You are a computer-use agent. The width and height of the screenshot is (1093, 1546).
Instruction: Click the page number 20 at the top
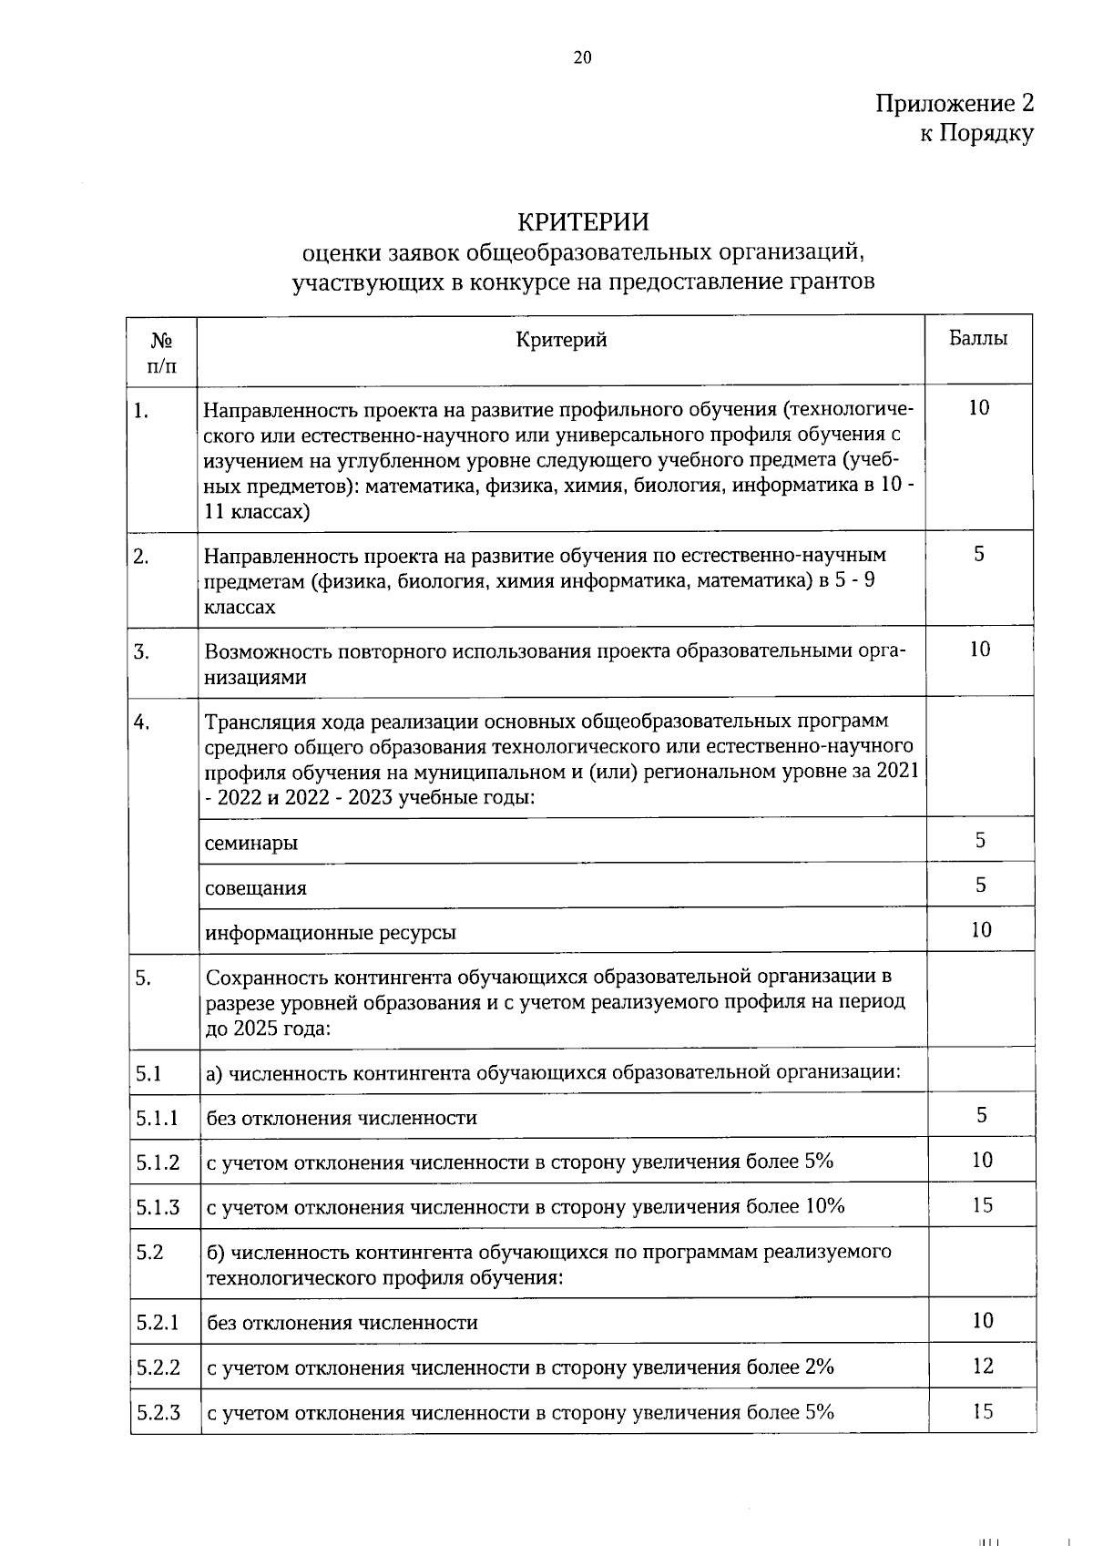pyautogui.click(x=583, y=58)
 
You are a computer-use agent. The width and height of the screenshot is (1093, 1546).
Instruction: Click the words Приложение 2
pyautogui.click(x=955, y=103)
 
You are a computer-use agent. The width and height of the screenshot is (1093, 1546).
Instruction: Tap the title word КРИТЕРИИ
pyautogui.click(x=583, y=222)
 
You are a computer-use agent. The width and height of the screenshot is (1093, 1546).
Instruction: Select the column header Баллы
pyautogui.click(x=978, y=339)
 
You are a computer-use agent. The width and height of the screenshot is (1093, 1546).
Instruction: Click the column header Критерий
pyautogui.click(x=561, y=341)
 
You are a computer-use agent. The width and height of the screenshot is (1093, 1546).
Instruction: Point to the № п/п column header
pyautogui.click(x=162, y=353)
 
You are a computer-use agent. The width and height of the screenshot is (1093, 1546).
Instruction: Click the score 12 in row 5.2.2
pyautogui.click(x=982, y=1366)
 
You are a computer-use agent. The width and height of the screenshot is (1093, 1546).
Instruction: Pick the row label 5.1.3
pyautogui.click(x=158, y=1207)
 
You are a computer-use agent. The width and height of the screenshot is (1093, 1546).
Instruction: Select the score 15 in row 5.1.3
pyautogui.click(x=982, y=1205)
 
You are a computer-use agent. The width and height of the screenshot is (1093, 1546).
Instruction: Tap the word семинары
pyautogui.click(x=251, y=843)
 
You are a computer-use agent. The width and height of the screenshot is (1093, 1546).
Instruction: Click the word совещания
pyautogui.click(x=256, y=887)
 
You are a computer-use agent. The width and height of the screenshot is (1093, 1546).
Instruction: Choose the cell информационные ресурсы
pyautogui.click(x=331, y=933)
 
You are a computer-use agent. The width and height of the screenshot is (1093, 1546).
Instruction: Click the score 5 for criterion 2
pyautogui.click(x=979, y=554)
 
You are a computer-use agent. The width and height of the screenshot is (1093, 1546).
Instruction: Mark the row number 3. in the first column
pyautogui.click(x=141, y=651)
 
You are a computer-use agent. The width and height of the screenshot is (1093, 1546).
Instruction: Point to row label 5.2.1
pyautogui.click(x=158, y=1322)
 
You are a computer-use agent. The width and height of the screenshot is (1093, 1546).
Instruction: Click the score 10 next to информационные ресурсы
pyautogui.click(x=981, y=930)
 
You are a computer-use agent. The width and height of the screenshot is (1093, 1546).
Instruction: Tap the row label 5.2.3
pyautogui.click(x=158, y=1413)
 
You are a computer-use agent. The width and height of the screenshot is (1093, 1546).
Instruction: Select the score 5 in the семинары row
pyautogui.click(x=980, y=840)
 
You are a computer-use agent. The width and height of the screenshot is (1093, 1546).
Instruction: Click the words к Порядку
pyautogui.click(x=976, y=134)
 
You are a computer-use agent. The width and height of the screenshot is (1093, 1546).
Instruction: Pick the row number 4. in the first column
pyautogui.click(x=141, y=722)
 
